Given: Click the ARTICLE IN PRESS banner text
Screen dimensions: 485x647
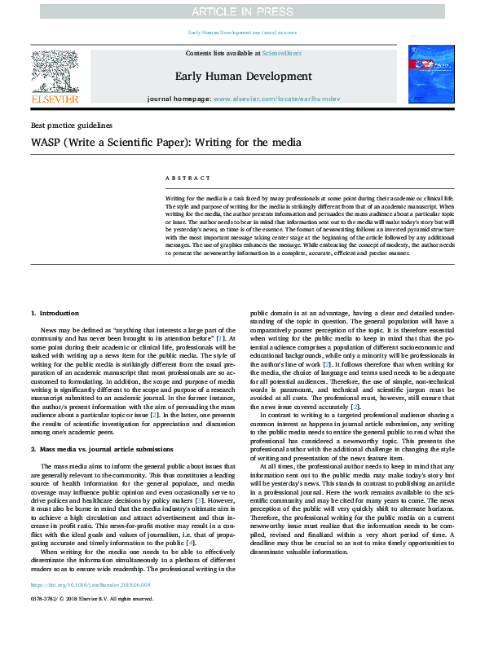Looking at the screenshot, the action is click(x=242, y=11).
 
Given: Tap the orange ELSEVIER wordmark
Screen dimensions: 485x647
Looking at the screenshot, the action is click(x=55, y=99).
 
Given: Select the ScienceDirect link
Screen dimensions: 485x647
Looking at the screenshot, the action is click(x=281, y=53).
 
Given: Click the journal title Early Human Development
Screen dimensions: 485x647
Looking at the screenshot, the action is click(x=243, y=76).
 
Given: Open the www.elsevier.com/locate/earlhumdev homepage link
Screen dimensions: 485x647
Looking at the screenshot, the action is click(x=276, y=98).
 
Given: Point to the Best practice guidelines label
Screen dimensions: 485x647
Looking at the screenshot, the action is click(x=71, y=125).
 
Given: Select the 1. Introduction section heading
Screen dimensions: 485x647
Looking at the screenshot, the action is click(x=55, y=313).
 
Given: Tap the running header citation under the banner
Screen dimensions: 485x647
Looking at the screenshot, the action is click(x=242, y=32).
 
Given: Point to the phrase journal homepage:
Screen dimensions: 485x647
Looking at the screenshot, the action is click(x=178, y=98).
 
